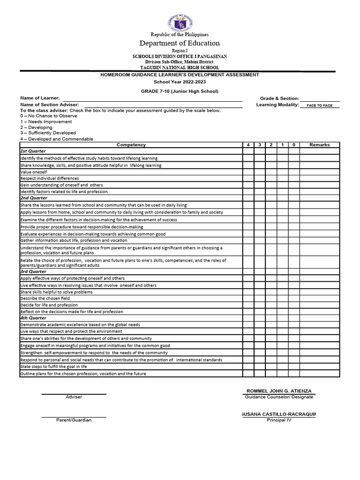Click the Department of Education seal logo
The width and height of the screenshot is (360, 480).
pos(180,22)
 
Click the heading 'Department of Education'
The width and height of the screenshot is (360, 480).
pos(180,43)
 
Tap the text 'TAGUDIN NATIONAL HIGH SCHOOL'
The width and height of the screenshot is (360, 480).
pos(180,67)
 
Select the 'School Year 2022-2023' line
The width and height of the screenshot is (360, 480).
pos(180,82)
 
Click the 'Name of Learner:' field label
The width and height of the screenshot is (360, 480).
pos(40,98)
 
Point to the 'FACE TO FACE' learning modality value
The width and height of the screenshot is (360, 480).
pos(319,105)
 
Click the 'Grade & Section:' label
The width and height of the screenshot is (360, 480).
pos(279,98)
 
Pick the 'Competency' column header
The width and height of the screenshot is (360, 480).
pos(131,145)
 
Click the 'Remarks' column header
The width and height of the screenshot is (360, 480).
pos(319,145)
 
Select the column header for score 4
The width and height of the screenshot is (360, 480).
pos(248,145)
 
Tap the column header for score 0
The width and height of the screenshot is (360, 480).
pos(293,145)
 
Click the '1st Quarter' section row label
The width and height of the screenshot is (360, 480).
pos(33,151)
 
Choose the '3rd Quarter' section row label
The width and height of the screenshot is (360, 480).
pos(33,271)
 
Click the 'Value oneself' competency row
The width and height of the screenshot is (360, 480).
pos(33,172)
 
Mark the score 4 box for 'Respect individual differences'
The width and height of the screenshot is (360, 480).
pos(248,179)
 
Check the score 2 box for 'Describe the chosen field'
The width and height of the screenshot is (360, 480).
pos(271,299)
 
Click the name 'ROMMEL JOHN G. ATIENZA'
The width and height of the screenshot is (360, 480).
pos(278,391)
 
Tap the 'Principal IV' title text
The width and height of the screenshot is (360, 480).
pos(279,420)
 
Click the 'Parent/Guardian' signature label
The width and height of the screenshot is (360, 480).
pos(74,420)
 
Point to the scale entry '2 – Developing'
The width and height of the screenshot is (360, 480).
pos(36,127)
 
